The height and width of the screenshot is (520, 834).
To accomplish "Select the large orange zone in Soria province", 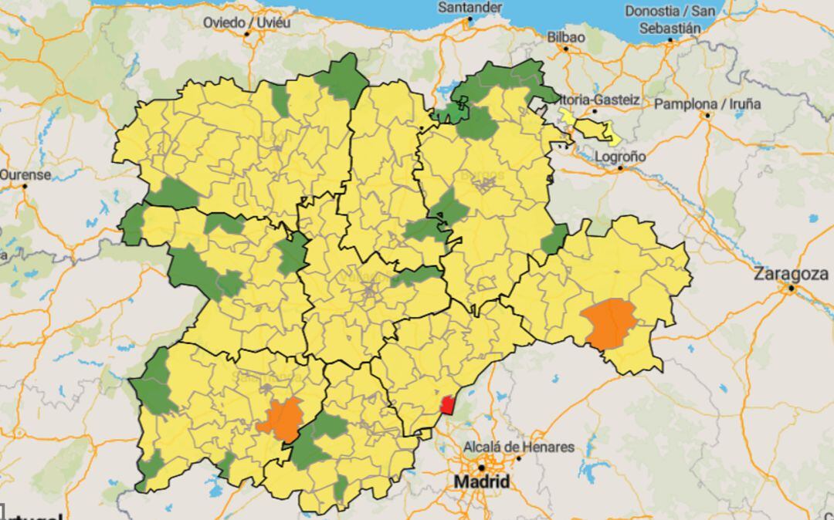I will (611, 323).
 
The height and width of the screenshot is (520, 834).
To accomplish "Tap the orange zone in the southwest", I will (280, 420).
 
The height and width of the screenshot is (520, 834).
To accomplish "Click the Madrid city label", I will (481, 482).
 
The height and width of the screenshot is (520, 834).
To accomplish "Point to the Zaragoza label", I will (792, 273).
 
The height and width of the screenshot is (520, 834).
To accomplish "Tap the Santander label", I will (470, 7).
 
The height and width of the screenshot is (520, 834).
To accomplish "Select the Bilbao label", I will (566, 36).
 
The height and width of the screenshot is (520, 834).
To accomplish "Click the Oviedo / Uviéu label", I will (246, 22).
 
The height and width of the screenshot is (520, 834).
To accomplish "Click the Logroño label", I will (621, 157).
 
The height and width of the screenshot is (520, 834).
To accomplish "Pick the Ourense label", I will (25, 174).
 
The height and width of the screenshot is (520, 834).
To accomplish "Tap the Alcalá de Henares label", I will (518, 447).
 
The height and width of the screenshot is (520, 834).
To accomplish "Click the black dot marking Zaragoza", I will (791, 289).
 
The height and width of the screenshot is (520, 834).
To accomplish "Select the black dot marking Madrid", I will (481, 468).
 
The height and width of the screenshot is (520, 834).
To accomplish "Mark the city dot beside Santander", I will (470, 19).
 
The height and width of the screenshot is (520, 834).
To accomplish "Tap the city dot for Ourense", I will (25, 186).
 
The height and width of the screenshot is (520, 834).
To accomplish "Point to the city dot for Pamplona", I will (707, 116).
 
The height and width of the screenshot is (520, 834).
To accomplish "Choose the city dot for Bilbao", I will (566, 49).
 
